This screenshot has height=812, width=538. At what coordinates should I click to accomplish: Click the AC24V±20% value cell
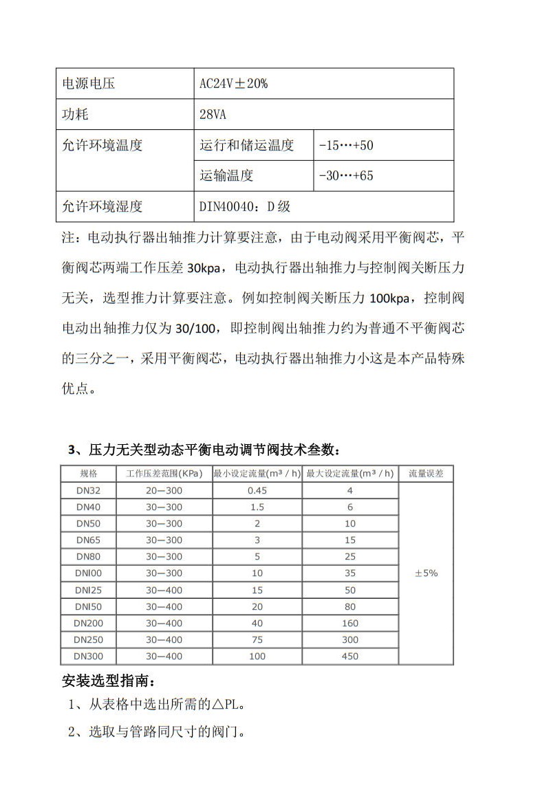pos(233,84)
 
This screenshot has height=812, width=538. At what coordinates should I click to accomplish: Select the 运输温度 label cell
pos(226,175)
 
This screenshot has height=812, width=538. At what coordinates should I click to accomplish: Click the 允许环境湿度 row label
pos(103,206)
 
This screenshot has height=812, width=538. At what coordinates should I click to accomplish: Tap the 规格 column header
pos(89,474)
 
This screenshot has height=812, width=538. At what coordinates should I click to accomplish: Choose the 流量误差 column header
pos(426,474)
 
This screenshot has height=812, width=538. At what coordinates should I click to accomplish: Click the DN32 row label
pos(89,490)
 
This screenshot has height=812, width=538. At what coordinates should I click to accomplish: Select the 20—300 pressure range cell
pos(164,490)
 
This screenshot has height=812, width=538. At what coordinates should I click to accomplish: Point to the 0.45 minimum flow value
pos(257,490)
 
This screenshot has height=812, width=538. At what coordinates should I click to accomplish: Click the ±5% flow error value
pos(426,573)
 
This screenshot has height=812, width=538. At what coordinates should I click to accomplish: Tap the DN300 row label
pos(89,656)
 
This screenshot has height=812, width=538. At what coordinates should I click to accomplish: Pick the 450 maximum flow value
pos(350,656)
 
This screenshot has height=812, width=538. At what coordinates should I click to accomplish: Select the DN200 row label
pos(89,623)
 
